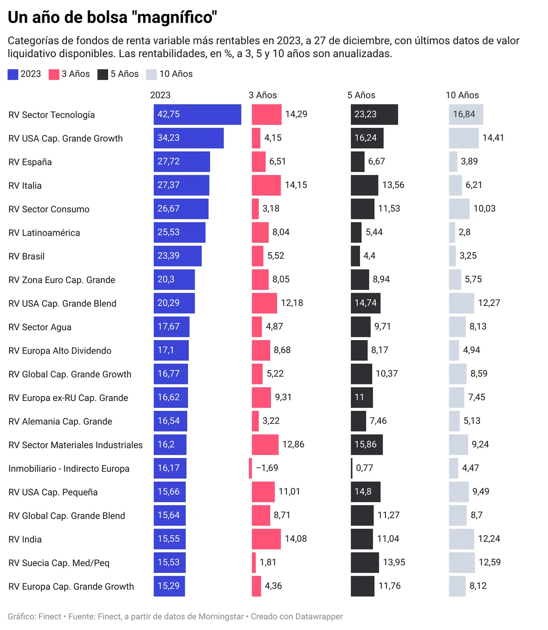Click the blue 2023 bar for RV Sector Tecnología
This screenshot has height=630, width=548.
pos(197,114)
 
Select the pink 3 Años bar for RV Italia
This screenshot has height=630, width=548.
pos(266,185)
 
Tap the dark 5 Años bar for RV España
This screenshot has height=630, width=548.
pos(358,162)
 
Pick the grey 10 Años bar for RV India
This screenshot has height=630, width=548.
pos(461,539)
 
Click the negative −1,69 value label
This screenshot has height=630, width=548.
pos(267,468)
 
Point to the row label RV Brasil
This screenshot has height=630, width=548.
pos(26,257)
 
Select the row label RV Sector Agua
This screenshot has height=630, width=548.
pos(40,327)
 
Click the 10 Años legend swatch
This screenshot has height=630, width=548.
pos(151,74)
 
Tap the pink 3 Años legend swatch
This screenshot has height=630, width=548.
pos(54,74)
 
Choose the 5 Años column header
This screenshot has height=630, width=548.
pos(361,95)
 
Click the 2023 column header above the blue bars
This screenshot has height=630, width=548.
pos(160,95)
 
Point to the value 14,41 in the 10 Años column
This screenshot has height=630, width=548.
pos(493,138)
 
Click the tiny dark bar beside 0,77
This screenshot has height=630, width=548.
pos(352,468)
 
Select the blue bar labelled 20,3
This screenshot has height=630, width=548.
pos(174,280)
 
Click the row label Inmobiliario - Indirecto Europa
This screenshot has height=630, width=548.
pos(69,469)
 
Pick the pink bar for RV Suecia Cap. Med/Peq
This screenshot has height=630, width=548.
pos(254,563)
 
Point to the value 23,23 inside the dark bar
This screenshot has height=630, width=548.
pos(365,114)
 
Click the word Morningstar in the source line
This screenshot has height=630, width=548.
pos(221,616)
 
